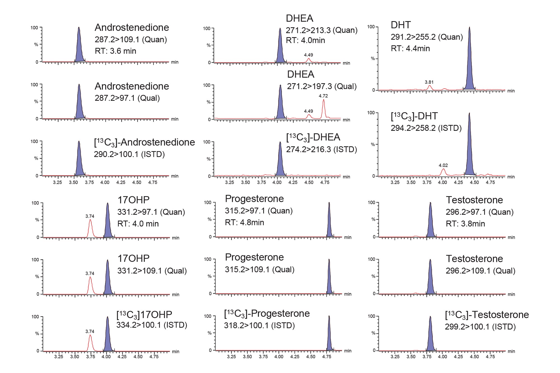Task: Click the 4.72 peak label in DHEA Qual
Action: coord(323,96)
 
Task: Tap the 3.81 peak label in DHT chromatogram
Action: coord(429,82)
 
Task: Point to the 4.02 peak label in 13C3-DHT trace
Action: coord(443,165)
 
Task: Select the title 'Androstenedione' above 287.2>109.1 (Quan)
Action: coord(132,27)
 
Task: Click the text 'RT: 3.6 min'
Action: coord(115,51)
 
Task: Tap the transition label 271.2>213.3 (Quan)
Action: coord(321,30)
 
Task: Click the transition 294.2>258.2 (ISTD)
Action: coord(426,128)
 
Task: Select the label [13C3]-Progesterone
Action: coord(267,314)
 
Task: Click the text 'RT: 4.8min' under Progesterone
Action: coord(244,222)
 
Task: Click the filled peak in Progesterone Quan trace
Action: coord(329,224)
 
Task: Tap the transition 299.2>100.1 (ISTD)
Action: coord(480,327)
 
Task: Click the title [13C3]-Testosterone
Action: coord(487,315)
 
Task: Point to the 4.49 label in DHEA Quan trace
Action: coord(308,55)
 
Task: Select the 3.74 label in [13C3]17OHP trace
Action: coord(90,332)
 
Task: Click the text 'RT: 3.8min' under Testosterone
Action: coord(465,224)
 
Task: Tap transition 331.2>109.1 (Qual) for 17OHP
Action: coord(152,271)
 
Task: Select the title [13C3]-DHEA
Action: coord(313,137)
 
